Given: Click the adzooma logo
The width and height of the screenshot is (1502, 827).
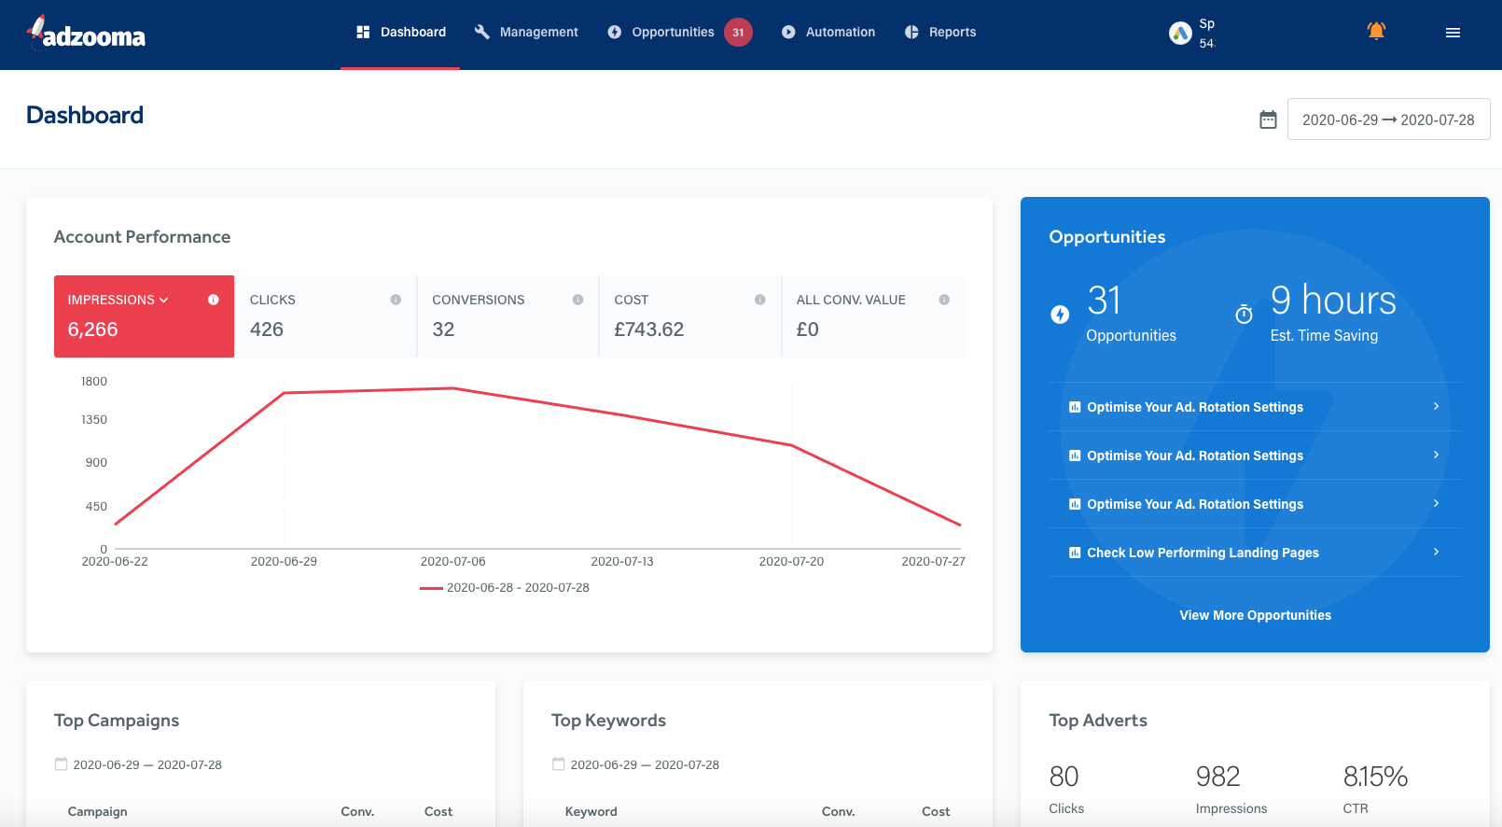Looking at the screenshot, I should pyautogui.click(x=87, y=34).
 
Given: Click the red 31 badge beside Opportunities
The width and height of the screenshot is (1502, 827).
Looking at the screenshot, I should pyautogui.click(x=738, y=33).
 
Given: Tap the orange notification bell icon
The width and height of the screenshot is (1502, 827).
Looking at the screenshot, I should pyautogui.click(x=1376, y=31).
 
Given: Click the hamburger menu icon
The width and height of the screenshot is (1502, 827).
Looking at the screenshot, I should pyautogui.click(x=1453, y=33).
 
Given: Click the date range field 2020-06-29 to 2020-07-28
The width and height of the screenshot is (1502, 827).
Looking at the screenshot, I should pyautogui.click(x=1388, y=119).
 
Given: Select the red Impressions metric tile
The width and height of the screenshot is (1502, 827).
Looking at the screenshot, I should pyautogui.click(x=144, y=316).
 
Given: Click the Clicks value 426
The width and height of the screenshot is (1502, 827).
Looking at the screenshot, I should pyautogui.click(x=267, y=329).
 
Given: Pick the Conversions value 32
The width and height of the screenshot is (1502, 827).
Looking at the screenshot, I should pyautogui.click(x=443, y=329).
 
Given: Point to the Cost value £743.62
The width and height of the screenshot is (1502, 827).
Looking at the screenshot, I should pyautogui.click(x=649, y=329).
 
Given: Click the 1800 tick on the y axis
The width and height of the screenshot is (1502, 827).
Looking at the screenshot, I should pyautogui.click(x=94, y=382).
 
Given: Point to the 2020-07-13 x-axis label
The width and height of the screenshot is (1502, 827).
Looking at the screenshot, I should pyautogui.click(x=622, y=562).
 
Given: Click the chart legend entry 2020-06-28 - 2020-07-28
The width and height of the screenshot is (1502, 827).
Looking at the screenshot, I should pyautogui.click(x=505, y=588).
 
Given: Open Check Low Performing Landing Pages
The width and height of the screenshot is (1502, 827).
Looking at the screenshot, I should pyautogui.click(x=1203, y=553).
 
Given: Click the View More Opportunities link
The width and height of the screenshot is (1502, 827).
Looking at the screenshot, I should pyautogui.click(x=1255, y=615).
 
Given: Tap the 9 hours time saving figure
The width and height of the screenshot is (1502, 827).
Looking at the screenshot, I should pyautogui.click(x=1333, y=301).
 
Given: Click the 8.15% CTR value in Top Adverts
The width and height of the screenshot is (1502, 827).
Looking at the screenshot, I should pyautogui.click(x=1375, y=777).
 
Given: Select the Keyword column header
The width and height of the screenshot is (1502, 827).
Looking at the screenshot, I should pyautogui.click(x=591, y=812).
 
